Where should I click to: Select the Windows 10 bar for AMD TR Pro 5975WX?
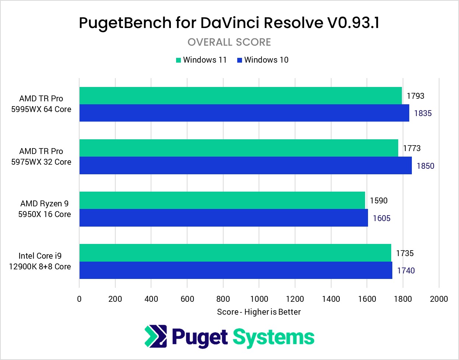tap(245, 165)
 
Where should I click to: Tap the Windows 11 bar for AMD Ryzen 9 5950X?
tap(222, 200)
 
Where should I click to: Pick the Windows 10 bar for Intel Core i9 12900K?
tap(235, 270)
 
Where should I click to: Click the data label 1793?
tap(415, 96)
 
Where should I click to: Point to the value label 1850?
tap(425, 166)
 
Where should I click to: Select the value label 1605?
tap(381, 218)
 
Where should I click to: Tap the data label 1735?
tap(404, 253)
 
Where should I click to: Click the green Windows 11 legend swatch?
tap(178, 60)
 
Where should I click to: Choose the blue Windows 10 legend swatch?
tap(239, 60)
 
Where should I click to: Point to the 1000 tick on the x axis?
tap(259, 299)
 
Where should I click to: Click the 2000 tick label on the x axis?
tap(439, 299)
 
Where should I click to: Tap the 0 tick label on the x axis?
tap(79, 299)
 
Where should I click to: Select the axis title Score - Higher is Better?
tap(259, 312)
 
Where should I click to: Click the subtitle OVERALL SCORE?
tap(229, 42)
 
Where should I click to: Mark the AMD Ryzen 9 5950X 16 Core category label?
tap(44, 209)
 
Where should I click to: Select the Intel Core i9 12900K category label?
tap(40, 261)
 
